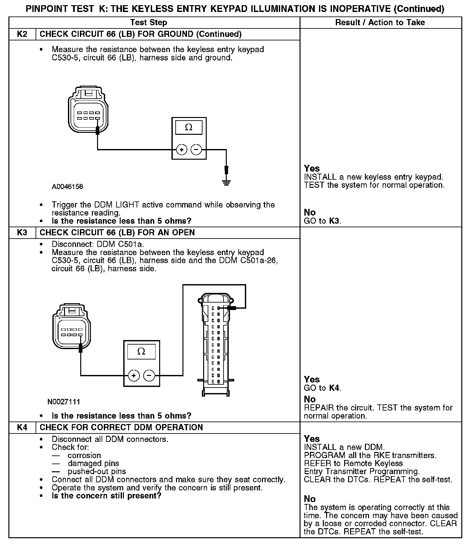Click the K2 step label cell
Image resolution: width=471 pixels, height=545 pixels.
click(22, 34)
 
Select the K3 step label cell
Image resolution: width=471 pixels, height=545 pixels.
click(22, 233)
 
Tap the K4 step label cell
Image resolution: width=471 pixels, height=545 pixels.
click(22, 428)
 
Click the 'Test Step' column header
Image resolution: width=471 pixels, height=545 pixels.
click(148, 23)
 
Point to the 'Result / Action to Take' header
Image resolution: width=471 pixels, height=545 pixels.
click(380, 23)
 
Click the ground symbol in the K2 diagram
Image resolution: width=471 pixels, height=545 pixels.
click(226, 183)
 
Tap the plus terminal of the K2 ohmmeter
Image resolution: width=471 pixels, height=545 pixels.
click(181, 150)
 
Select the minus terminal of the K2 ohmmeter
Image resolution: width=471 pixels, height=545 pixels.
click(196, 150)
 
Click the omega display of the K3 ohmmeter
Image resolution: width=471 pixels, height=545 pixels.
click(141, 352)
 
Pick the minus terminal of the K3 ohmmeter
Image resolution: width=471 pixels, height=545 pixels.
click(149, 376)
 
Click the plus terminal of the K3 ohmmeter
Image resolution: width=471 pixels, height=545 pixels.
click(134, 376)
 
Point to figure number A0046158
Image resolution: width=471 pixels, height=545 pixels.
click(67, 187)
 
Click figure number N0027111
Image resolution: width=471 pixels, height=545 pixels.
click(64, 402)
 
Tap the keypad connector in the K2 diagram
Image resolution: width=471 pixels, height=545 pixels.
click(88, 109)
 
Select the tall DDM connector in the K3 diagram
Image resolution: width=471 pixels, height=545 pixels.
click(215, 344)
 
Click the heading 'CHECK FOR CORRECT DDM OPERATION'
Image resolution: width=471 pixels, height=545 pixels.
click(121, 428)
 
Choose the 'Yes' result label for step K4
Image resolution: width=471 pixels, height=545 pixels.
click(312, 439)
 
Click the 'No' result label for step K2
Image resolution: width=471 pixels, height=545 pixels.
click(310, 212)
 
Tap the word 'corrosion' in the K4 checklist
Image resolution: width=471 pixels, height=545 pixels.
click(84, 455)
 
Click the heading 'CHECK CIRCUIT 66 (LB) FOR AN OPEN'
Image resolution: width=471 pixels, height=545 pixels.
click(117, 233)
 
